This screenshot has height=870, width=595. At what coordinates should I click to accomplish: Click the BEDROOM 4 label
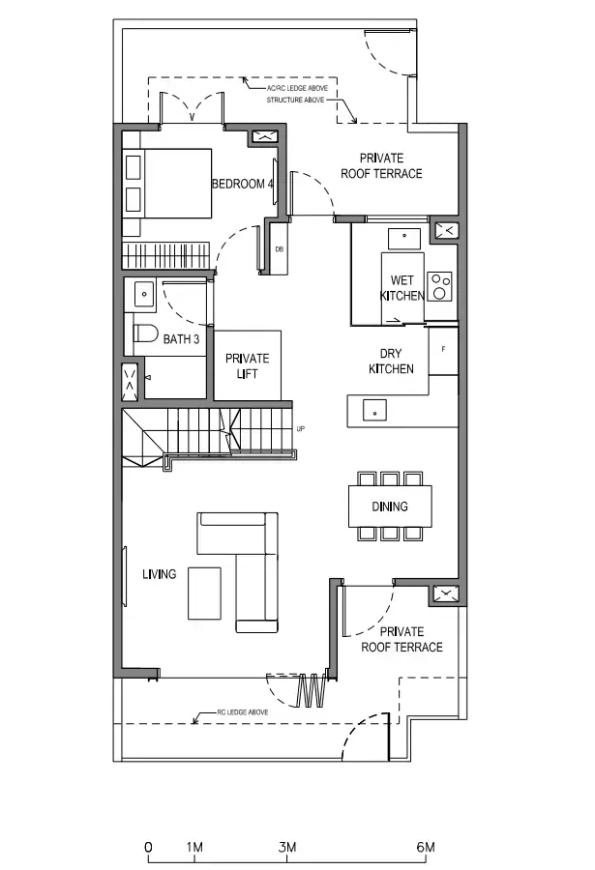(242, 184)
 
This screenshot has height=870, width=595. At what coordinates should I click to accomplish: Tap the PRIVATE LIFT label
(248, 365)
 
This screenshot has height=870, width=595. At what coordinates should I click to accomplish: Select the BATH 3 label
(181, 338)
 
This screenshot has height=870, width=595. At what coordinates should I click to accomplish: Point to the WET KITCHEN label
(402, 288)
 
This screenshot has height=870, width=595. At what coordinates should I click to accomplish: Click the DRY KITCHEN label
(391, 362)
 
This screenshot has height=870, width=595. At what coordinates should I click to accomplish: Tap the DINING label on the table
(390, 506)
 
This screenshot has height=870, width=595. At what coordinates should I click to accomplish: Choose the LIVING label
(159, 573)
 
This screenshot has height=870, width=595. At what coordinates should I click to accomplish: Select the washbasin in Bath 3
(144, 294)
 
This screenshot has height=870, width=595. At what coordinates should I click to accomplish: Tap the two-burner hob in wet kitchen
(439, 286)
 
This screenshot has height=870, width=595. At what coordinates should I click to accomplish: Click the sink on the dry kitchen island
(375, 411)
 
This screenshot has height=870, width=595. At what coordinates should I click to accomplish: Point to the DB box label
(280, 249)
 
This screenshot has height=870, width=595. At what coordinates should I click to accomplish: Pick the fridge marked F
(443, 351)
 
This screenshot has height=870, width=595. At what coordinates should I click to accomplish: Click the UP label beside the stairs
(301, 429)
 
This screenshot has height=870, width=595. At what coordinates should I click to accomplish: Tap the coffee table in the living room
(204, 593)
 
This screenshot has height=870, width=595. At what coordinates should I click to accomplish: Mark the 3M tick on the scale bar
(287, 857)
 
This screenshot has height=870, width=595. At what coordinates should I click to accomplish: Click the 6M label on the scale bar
(426, 847)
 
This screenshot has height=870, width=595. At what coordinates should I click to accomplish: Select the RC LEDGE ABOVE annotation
(243, 711)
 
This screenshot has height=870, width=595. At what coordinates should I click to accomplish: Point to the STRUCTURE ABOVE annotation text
(295, 100)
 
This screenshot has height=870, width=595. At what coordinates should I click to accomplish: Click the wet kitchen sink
(403, 238)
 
